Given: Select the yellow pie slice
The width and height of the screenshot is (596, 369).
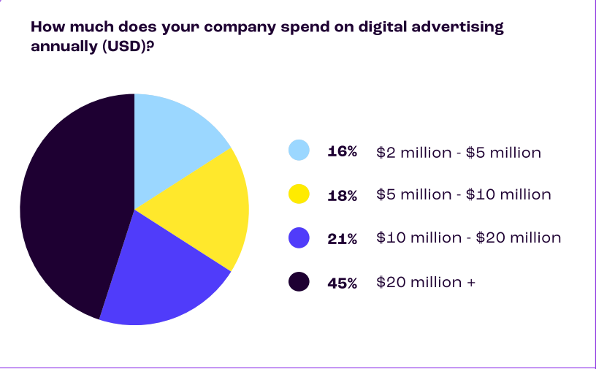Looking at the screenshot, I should click(205, 208).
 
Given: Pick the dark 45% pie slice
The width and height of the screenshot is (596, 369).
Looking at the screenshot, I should click(69, 208).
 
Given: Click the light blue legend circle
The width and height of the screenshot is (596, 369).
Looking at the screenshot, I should click(299, 151).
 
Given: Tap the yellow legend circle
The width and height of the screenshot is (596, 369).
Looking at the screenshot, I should click(299, 194).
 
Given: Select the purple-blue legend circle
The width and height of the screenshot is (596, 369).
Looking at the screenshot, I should click(299, 237).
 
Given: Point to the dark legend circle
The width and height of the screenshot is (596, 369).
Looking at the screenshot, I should click(299, 281).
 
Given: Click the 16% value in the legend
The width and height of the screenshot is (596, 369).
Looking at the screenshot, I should click(343, 152).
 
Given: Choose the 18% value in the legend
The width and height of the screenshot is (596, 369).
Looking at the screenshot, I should click(343, 195).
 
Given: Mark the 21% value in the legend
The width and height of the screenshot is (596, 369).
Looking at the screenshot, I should click(343, 238).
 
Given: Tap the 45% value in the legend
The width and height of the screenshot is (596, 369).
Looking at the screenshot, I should click(343, 283).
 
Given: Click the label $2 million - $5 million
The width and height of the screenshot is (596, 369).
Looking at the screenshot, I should click(459, 153).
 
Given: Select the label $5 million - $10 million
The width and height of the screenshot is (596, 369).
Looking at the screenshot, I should click(464, 195).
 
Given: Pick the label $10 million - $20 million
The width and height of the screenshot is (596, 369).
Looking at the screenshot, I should click(469, 238).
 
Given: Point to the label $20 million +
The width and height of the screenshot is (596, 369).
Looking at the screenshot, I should click(426, 282).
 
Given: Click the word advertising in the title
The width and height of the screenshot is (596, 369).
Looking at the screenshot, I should click(457, 28).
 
